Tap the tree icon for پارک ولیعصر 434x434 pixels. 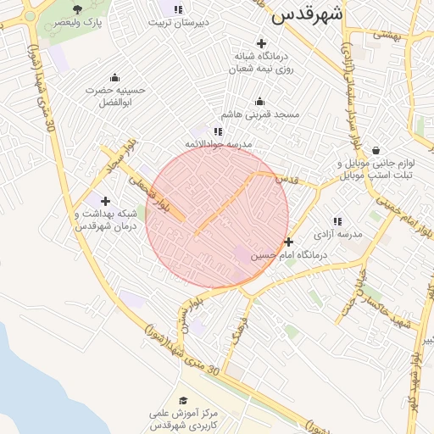tap(77, 9)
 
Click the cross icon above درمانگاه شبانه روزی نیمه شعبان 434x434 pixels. tap(261, 43)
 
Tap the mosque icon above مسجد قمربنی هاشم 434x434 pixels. tap(259, 101)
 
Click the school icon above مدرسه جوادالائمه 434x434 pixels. tap(218, 131)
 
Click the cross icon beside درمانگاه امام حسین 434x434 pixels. tap(288, 242)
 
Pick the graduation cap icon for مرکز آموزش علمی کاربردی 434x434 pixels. tap(182, 400)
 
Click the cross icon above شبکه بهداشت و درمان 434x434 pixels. tap(105, 201)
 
